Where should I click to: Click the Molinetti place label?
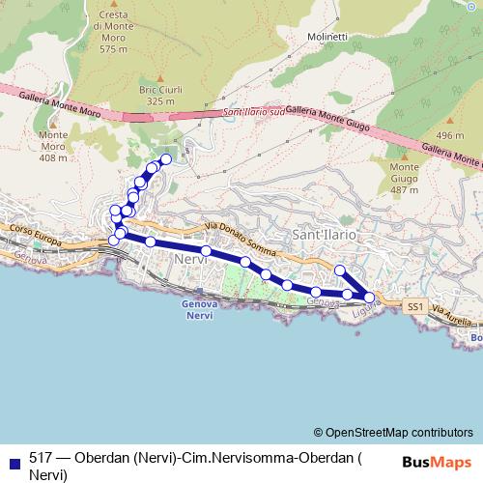pos(327,37)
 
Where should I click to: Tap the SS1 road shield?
pos(414,305)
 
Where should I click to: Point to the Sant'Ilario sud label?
pos(254,112)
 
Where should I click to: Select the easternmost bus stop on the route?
pos(369,298)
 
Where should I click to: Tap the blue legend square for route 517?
pos(14,460)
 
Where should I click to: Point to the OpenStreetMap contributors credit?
pos(392,432)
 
